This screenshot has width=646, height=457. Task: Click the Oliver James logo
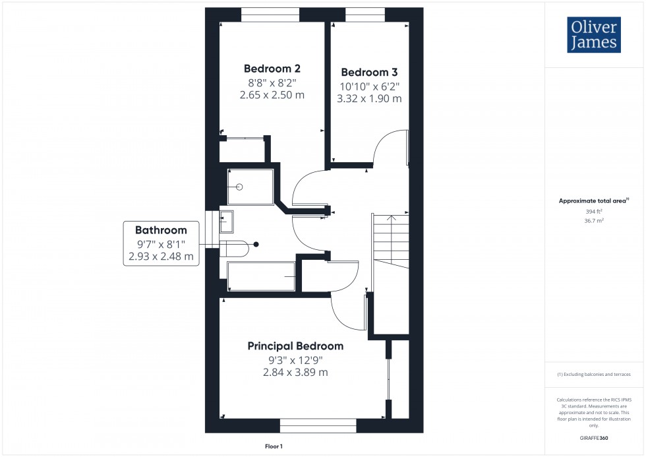[x=593, y=36]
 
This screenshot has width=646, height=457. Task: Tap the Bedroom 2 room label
[x=272, y=69]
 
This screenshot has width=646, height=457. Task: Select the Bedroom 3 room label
[x=369, y=73]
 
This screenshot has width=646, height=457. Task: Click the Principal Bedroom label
[x=295, y=346]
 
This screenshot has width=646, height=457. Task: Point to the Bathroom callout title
[x=161, y=230]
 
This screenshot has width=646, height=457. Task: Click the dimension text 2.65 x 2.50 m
[x=272, y=95]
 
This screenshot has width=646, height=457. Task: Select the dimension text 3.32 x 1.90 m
[x=369, y=99]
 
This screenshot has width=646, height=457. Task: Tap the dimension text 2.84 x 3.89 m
[x=295, y=373]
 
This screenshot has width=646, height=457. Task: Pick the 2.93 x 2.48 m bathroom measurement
[x=161, y=257]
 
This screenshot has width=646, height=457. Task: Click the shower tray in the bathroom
[x=250, y=187]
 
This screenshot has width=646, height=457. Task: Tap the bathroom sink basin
[x=226, y=222]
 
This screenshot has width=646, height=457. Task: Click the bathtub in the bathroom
[x=260, y=276]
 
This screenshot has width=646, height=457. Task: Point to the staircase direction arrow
[x=390, y=219]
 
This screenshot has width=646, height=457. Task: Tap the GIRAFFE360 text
[x=593, y=437]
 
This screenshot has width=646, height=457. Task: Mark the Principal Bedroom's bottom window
[x=318, y=425]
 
